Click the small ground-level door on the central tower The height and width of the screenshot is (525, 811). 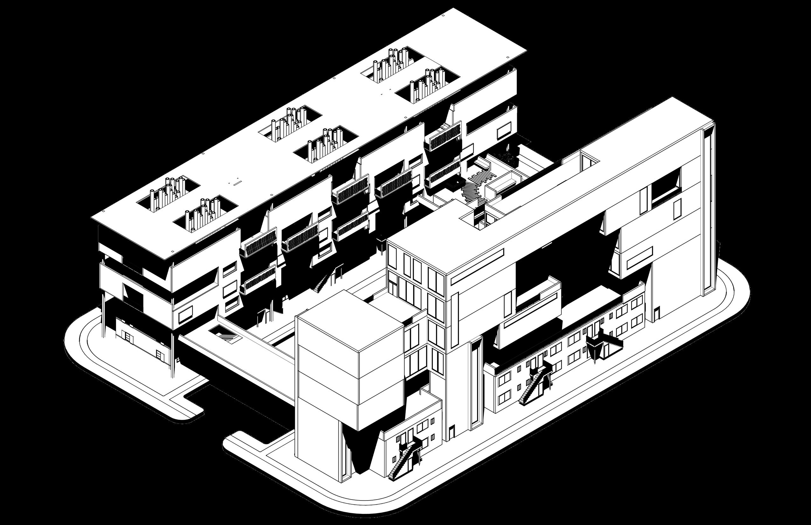point(451,433)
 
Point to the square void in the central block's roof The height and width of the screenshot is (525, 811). point(477,218)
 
